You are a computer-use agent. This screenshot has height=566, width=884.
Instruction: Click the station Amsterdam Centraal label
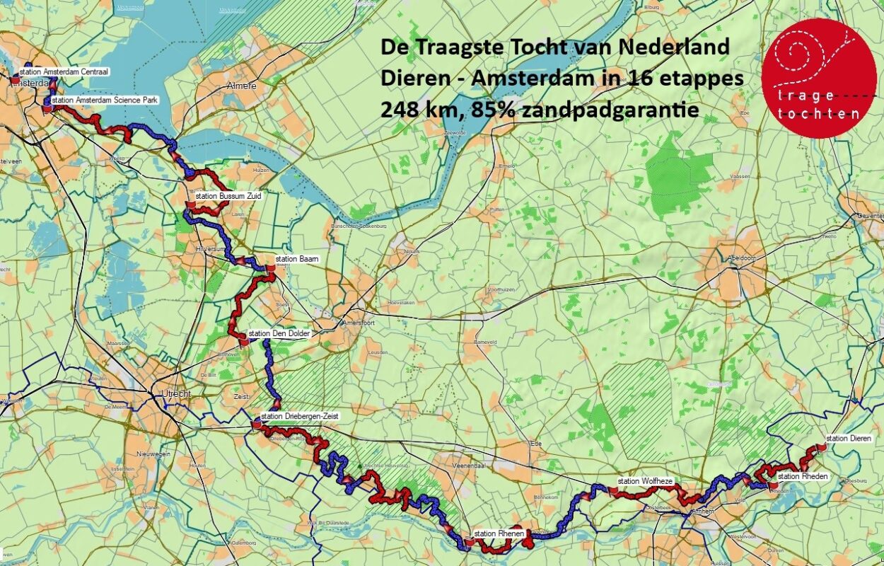(x=54, y=71)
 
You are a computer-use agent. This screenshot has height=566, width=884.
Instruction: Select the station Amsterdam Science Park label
(x=105, y=100)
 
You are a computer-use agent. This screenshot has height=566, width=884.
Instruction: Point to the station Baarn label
(x=297, y=259)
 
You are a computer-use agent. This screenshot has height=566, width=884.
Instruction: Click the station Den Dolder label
(x=278, y=333)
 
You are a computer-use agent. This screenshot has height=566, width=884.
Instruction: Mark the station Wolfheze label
(x=644, y=481)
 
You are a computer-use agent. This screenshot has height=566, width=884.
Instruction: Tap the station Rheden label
(x=802, y=476)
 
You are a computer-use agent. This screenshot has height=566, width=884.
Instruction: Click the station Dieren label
(x=849, y=438)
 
